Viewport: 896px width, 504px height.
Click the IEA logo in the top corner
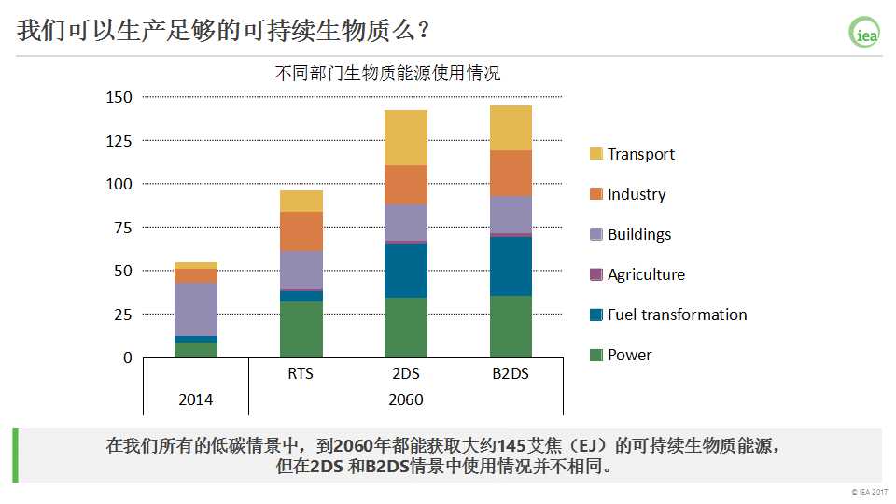point(864,33)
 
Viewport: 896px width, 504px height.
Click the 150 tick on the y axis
point(119,97)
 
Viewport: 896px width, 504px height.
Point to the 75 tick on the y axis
point(123,228)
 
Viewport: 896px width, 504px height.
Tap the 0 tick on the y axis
point(128,357)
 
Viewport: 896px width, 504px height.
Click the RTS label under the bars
point(301,374)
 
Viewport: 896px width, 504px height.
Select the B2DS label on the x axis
point(511,374)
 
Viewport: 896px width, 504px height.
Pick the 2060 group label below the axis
point(405,399)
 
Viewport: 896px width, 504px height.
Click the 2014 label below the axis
point(196,399)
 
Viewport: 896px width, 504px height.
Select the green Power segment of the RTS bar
point(301,329)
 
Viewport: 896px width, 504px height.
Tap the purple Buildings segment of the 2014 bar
point(196,309)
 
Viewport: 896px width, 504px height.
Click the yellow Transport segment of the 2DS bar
point(405,137)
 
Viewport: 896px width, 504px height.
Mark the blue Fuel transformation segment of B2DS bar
point(511,266)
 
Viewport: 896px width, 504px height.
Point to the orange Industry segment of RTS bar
point(301,231)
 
